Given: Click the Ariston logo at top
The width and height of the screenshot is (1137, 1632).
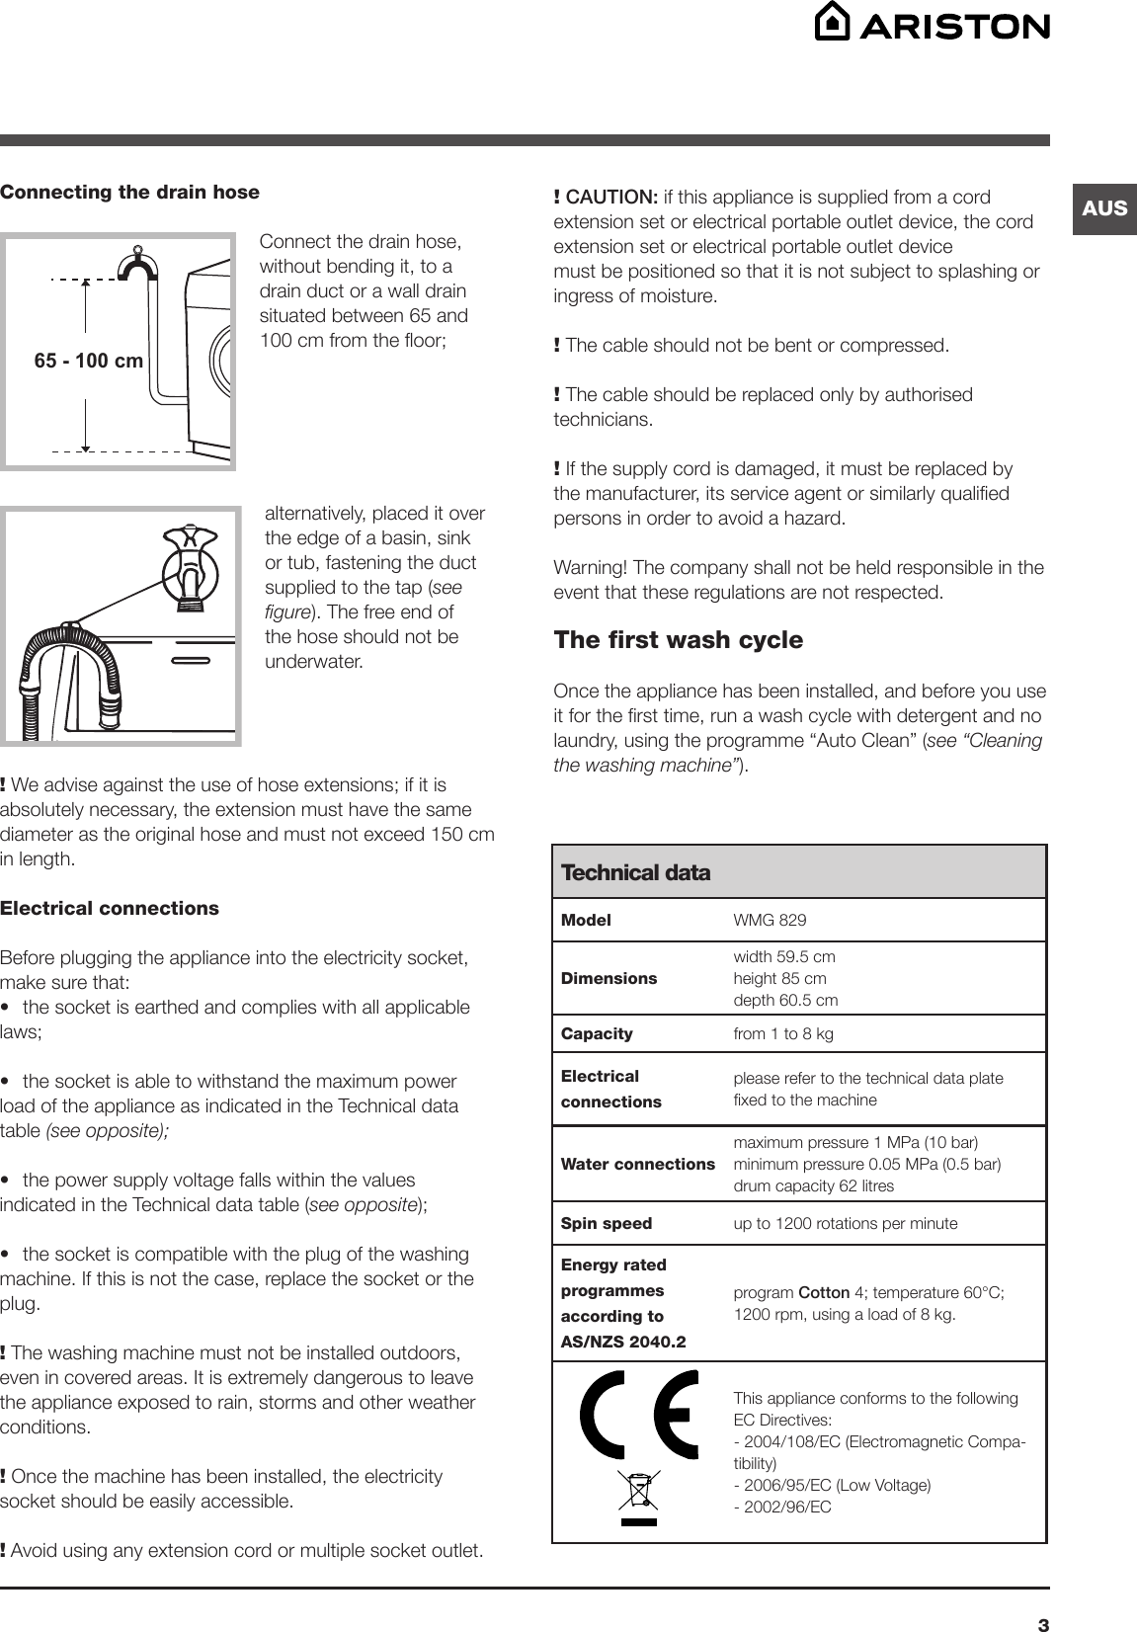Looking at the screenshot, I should (x=932, y=24).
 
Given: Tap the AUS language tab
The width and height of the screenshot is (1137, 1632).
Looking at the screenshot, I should (x=1103, y=208).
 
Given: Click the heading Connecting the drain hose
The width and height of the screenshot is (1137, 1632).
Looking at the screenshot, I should (x=129, y=192).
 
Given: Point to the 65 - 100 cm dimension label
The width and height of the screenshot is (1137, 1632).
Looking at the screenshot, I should (x=89, y=362).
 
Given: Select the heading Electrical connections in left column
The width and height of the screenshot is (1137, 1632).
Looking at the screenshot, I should (x=110, y=908).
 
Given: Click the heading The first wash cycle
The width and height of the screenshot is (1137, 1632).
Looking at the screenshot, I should (x=679, y=640).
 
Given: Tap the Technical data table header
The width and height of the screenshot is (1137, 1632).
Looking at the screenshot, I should (x=635, y=872).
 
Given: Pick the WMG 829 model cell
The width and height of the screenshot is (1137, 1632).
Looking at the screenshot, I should (x=770, y=921).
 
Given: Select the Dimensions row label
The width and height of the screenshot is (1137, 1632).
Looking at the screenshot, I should (x=609, y=978).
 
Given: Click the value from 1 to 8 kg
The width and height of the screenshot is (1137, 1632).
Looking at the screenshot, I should (x=783, y=1034).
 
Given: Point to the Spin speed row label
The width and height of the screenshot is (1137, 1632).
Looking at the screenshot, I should (x=607, y=1223).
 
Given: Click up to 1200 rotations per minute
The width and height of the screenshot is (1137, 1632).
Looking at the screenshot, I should (x=845, y=1224).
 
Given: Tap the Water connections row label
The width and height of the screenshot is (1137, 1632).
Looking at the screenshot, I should (x=637, y=1164).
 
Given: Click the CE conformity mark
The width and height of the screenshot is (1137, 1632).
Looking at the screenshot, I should (x=639, y=1415).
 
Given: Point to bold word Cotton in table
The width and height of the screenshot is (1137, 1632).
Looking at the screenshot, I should (x=824, y=1292).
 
